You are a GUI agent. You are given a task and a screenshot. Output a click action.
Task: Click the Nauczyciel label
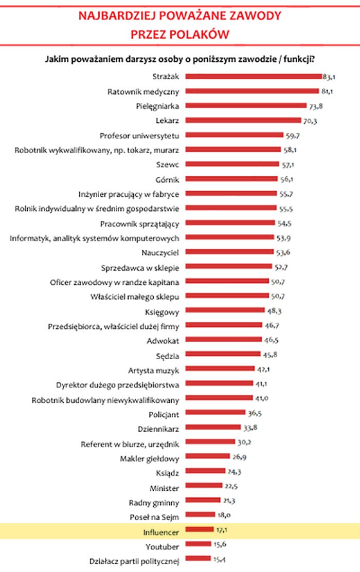tap(160, 252)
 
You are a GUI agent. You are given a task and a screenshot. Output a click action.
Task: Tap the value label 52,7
tap(281, 267)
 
